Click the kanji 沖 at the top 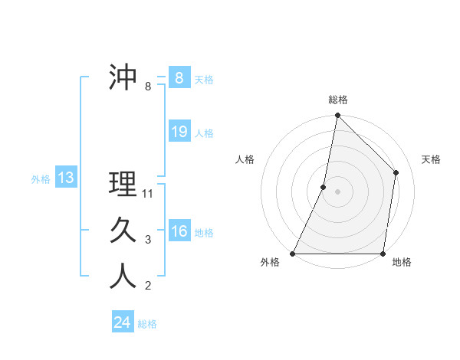[x=123, y=78]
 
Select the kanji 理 [x=123, y=185]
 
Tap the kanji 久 [x=123, y=231]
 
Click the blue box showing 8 [x=179, y=78]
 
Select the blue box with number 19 [x=179, y=132]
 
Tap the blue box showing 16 [x=179, y=231]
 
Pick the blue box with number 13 [x=65, y=178]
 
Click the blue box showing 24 [x=123, y=322]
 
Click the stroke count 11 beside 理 [x=148, y=194]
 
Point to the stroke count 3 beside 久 [x=148, y=240]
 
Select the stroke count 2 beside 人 [x=148, y=286]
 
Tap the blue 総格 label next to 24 [x=147, y=324]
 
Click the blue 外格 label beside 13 [x=40, y=179]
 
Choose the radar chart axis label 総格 [x=338, y=100]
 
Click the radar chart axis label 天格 [x=431, y=159]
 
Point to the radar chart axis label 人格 [x=245, y=159]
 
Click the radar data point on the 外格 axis [x=293, y=254]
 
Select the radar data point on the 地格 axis [x=383, y=254]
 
